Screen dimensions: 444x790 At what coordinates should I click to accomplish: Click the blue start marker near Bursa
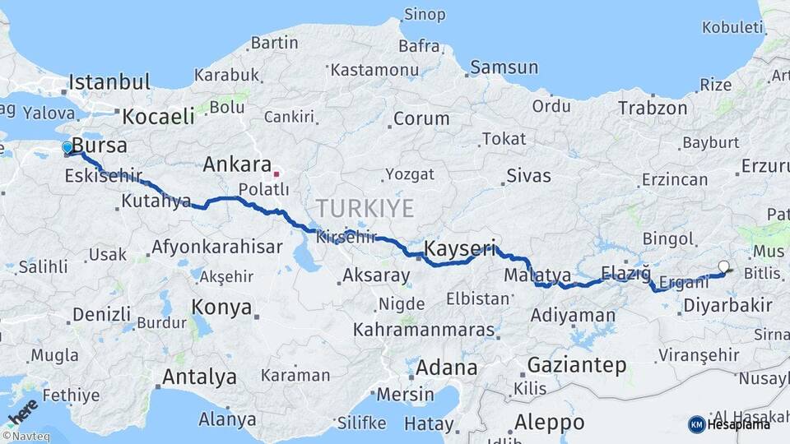tap(67, 147)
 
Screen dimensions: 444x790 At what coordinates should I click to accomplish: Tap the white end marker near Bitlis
tap(723, 266)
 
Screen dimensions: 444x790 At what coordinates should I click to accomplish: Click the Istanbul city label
tap(109, 82)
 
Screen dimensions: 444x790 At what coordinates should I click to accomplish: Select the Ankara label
tap(237, 164)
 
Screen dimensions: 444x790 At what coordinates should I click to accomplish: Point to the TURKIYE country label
tap(365, 208)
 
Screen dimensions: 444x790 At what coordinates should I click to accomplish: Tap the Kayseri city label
tap(460, 247)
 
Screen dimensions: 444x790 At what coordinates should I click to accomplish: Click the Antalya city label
tap(199, 377)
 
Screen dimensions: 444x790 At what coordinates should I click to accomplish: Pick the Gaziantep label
tap(576, 365)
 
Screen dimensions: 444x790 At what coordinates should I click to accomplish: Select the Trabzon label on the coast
tap(653, 108)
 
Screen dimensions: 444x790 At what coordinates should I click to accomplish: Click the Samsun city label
tap(504, 67)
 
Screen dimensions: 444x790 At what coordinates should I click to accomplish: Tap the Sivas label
tap(528, 175)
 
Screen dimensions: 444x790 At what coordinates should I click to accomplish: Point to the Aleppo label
tap(549, 423)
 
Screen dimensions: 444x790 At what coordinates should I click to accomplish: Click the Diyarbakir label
tap(727, 306)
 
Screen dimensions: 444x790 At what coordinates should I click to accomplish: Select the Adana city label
tap(446, 368)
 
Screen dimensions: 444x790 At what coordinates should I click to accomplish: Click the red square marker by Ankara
tap(276, 174)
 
